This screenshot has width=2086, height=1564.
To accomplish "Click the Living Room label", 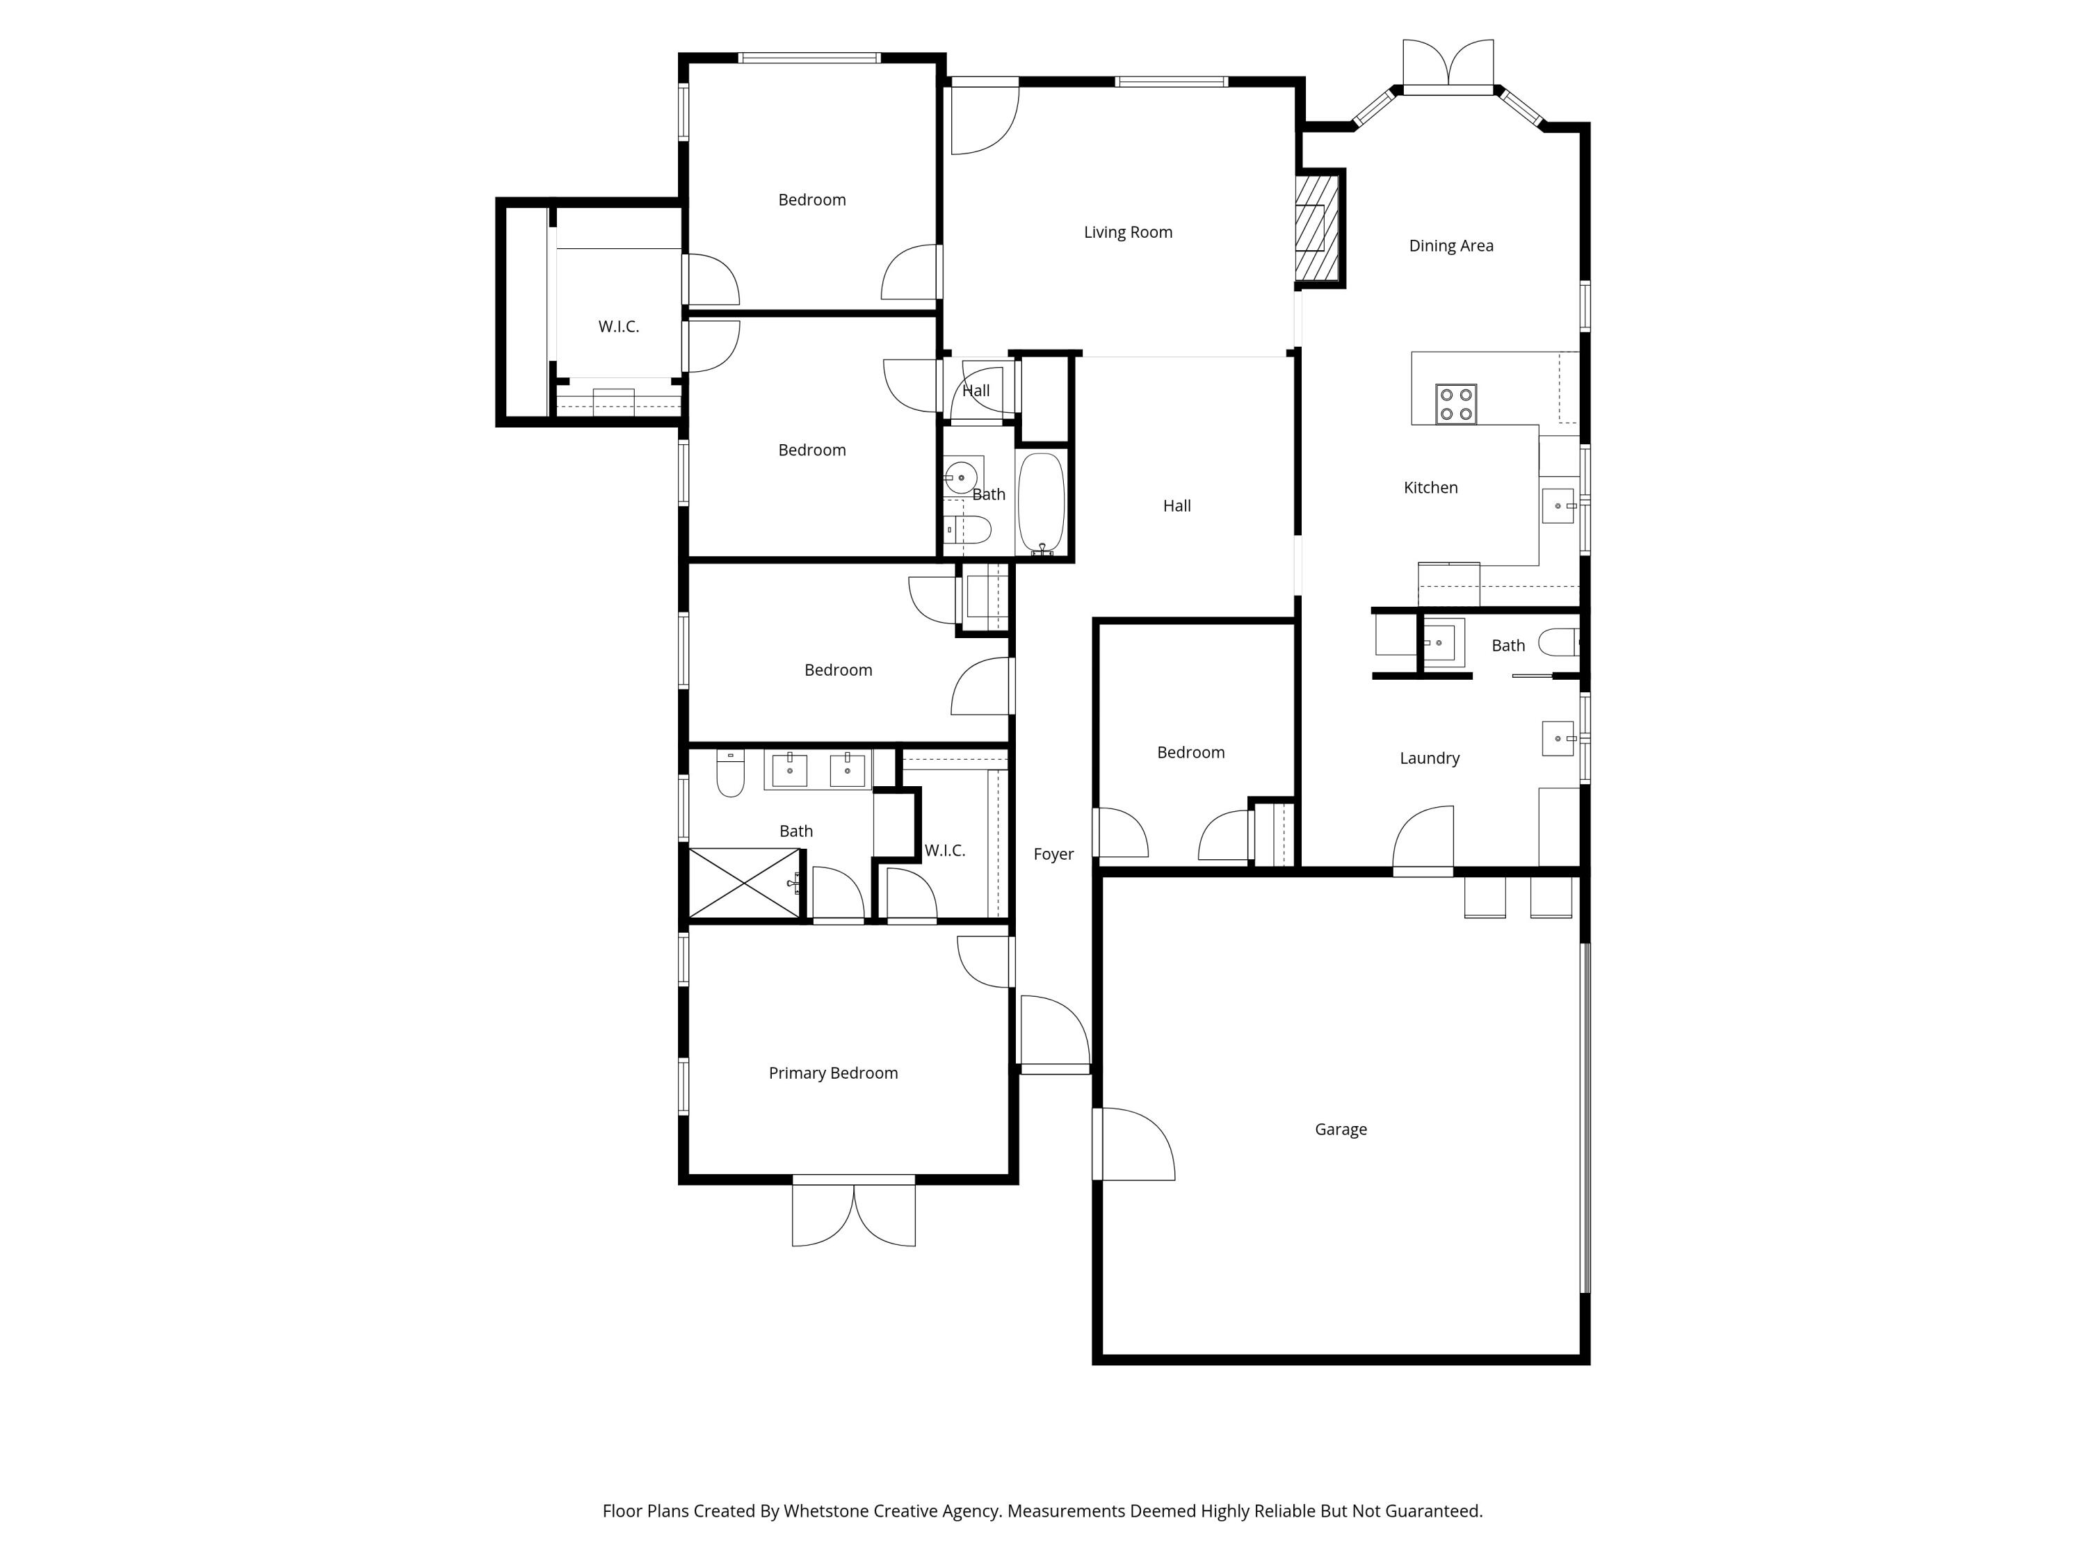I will pos(1128,232).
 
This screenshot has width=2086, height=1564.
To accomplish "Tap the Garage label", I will pos(1340,1130).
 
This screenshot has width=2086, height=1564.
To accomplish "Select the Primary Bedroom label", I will pos(833,1073).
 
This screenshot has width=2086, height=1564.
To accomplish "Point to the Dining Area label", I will pos(1450,246).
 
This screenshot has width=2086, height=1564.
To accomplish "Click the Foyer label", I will pos(1053,854).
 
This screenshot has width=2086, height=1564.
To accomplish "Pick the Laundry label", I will pos(1429,758).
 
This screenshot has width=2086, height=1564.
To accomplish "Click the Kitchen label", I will pos(1430,487).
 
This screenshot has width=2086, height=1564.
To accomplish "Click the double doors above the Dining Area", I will pos(1448,66).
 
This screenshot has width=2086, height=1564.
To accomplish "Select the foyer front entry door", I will pos(1054,1035).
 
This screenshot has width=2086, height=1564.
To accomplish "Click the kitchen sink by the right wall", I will pos(1559,506).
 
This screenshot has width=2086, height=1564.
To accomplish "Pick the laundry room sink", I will pos(1559,738).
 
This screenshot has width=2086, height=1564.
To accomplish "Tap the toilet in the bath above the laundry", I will pos(1558,643).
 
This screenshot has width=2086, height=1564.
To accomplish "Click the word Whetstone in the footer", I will pos(826,1511).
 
